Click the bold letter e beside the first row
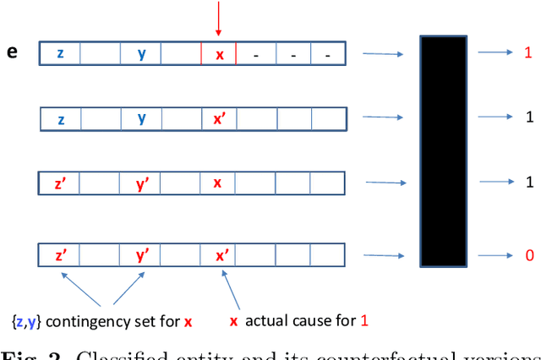pyautogui.click(x=12, y=52)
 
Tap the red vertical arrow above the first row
pyautogui.click(x=218, y=19)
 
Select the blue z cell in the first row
pyautogui.click(x=60, y=53)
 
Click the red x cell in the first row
pyautogui.click(x=219, y=53)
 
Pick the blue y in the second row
pyautogui.click(x=142, y=118)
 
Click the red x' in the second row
pyautogui.click(x=220, y=118)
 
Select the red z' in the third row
pyautogui.click(x=61, y=183)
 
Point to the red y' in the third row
pyautogui.click(x=142, y=183)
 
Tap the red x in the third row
pyautogui.click(x=218, y=183)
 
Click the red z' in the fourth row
pyautogui.click(x=61, y=254)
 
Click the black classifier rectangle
pyautogui.click(x=444, y=152)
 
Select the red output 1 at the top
pyautogui.click(x=527, y=52)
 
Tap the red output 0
pyautogui.click(x=527, y=254)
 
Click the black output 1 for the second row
pyautogui.click(x=527, y=117)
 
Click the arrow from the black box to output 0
pyautogui.click(x=494, y=253)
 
